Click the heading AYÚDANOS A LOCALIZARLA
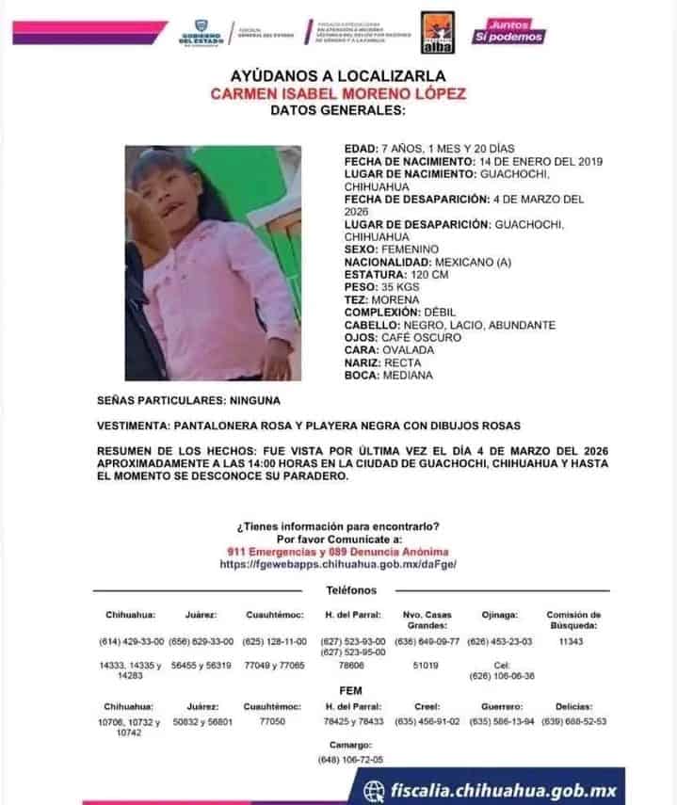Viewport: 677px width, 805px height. (337, 75)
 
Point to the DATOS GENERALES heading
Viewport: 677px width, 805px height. (337, 111)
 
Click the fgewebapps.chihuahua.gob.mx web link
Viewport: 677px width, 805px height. (337, 564)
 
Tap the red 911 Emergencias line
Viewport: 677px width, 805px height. (337, 552)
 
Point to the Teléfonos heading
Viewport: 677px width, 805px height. (351, 589)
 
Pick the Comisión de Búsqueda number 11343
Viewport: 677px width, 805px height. (572, 641)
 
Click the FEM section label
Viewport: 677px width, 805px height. (350, 690)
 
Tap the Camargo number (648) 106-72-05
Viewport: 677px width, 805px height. (351, 760)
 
